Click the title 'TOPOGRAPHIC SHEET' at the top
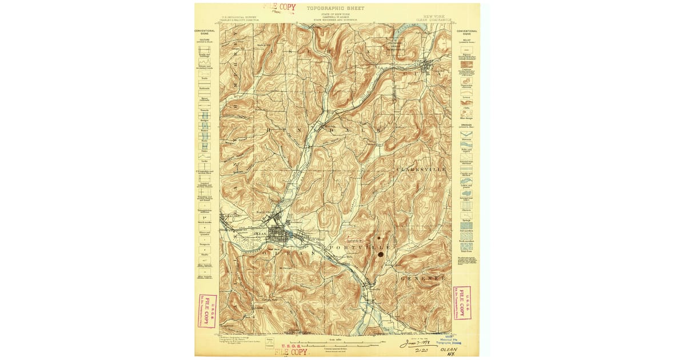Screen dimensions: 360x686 [335, 9]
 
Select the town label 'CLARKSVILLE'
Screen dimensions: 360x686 [420, 170]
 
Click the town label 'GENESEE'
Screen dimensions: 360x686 [422, 278]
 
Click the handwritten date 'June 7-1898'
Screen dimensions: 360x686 [416, 344]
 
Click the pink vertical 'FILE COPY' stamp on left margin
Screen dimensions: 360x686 [209, 310]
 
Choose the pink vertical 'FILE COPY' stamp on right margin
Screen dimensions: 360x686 [461, 303]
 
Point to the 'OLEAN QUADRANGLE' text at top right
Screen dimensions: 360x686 [437, 19]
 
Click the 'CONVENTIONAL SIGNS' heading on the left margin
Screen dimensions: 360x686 [204, 32]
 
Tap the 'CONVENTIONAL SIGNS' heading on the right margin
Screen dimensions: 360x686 [466, 32]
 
